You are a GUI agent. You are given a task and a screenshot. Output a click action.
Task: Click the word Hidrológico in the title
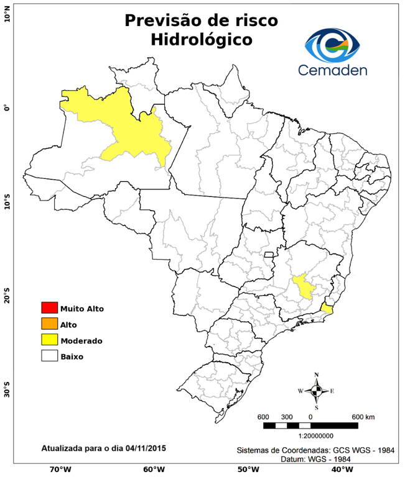202,40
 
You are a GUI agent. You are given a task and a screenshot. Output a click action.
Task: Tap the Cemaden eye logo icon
337,42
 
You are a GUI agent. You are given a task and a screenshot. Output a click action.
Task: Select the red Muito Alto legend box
49,308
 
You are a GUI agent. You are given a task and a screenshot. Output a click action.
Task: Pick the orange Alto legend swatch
49,324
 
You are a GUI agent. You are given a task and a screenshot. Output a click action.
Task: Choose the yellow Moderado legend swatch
49,340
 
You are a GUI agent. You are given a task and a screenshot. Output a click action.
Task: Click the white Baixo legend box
49,357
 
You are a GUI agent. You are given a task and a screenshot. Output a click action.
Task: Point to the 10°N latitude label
7,14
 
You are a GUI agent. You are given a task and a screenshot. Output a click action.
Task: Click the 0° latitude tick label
7,109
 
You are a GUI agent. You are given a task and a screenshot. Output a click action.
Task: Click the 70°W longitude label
60,470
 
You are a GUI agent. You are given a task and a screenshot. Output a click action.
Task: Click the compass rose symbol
317,391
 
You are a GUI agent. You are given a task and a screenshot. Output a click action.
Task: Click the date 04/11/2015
146,447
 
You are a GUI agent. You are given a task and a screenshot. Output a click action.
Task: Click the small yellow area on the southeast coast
327,307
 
